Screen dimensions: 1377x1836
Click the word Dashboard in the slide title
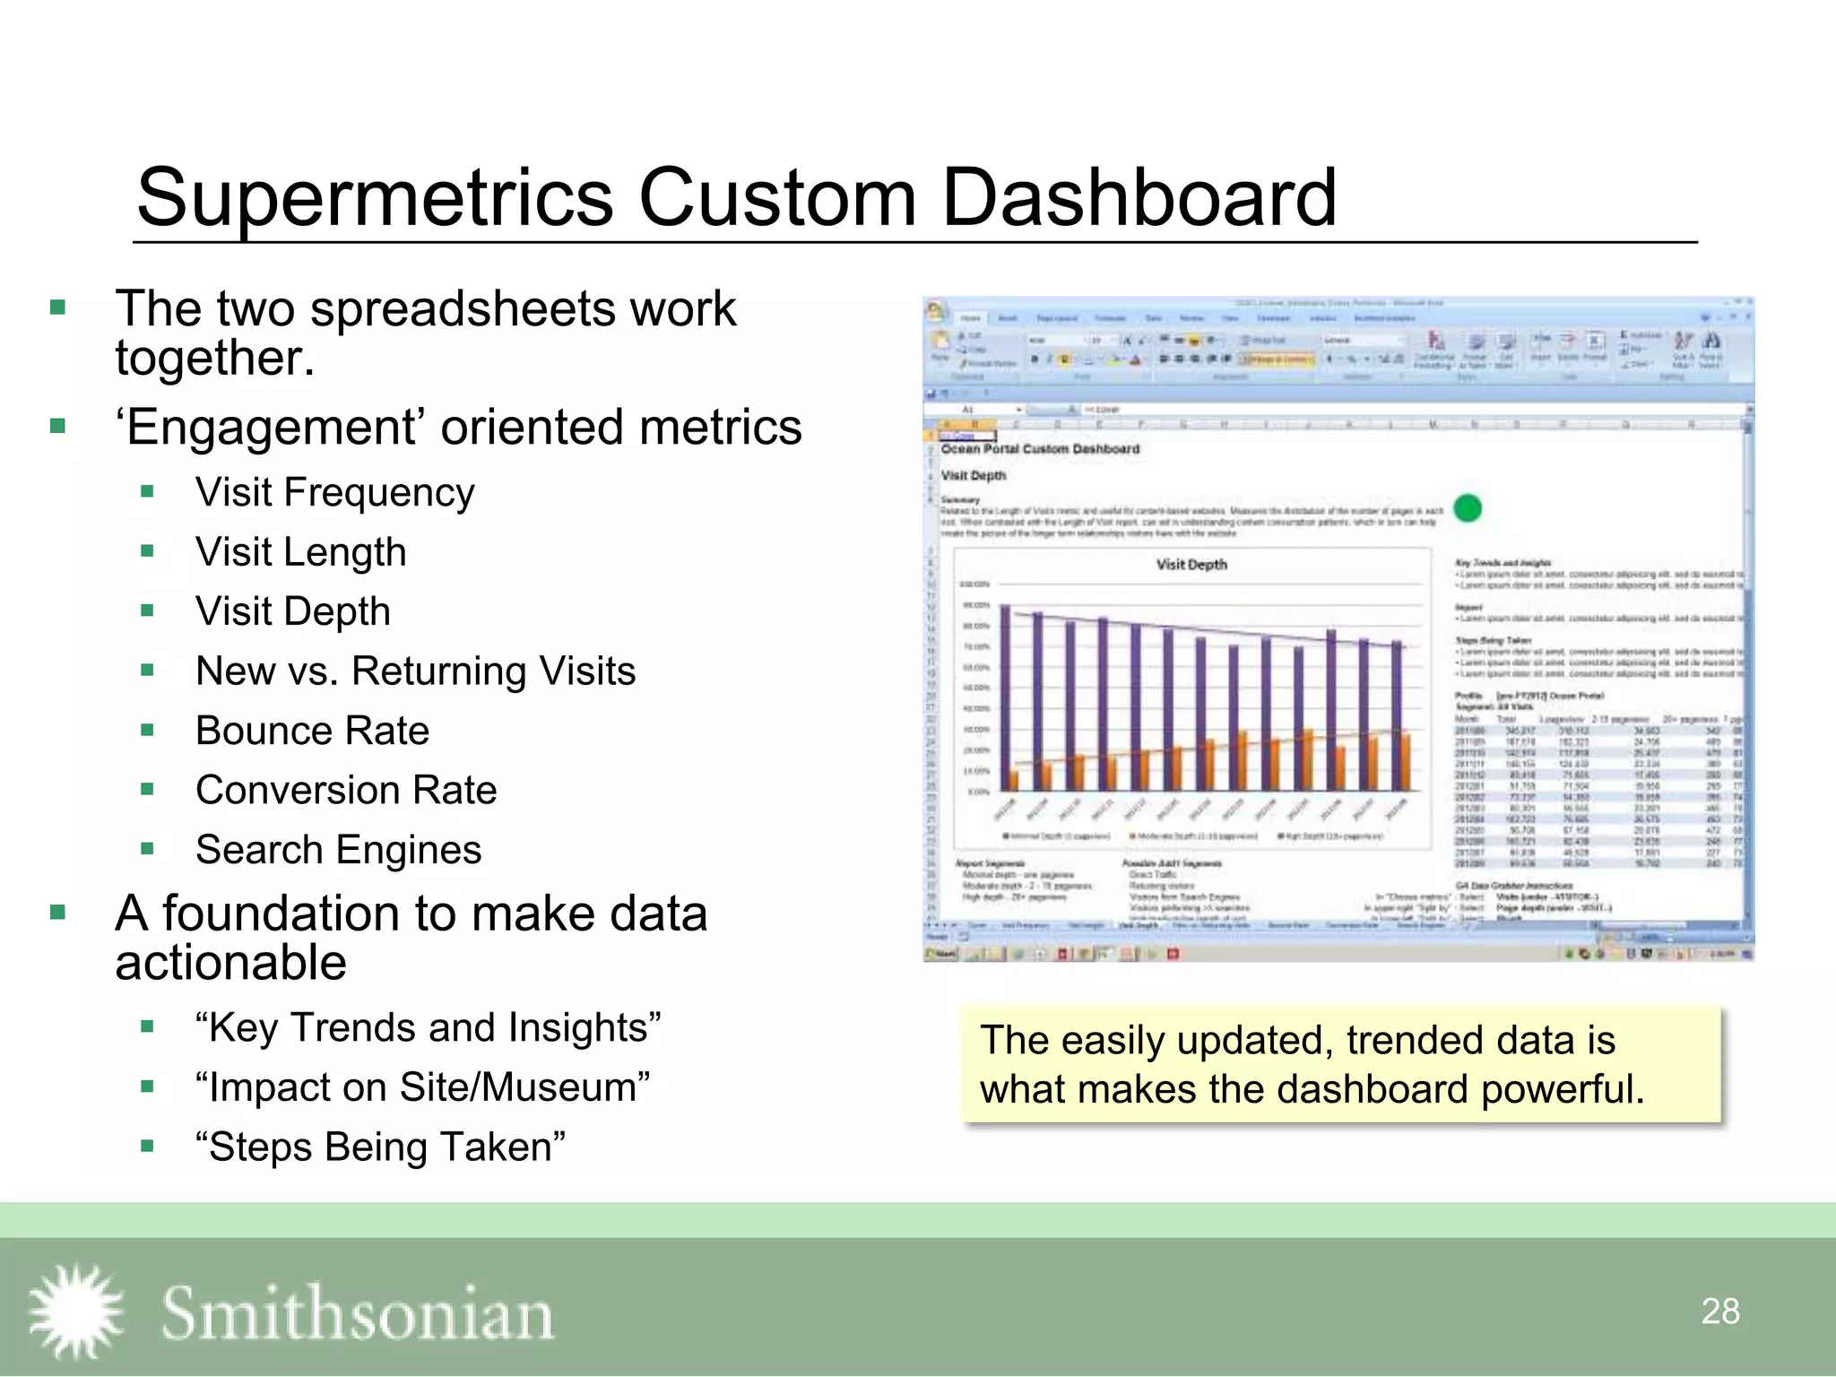click(x=1139, y=199)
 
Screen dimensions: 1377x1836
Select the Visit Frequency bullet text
click(x=334, y=493)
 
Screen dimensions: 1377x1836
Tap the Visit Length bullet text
click(x=300, y=552)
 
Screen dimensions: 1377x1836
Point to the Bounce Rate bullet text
click(x=312, y=731)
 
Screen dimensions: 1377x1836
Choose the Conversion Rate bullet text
click(x=346, y=791)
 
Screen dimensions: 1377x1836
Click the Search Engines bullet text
click(x=338, y=850)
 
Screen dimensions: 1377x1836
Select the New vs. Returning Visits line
click(x=415, y=671)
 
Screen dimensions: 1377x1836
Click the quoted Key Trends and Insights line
click(x=428, y=1028)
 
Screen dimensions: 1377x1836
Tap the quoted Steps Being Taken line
click(x=380, y=1147)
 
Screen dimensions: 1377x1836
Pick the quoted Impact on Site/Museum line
click(x=422, y=1087)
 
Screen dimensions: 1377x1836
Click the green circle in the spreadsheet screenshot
click(x=1467, y=508)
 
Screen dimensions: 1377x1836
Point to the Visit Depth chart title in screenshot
click(x=1191, y=565)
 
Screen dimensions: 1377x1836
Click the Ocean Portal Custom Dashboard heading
click(x=1040, y=448)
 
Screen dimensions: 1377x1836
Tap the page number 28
click(x=1719, y=1312)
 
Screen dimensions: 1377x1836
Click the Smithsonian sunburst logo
click(x=76, y=1311)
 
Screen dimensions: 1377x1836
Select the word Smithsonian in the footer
click(x=357, y=1313)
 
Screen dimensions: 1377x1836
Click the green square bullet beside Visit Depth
click(x=148, y=611)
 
